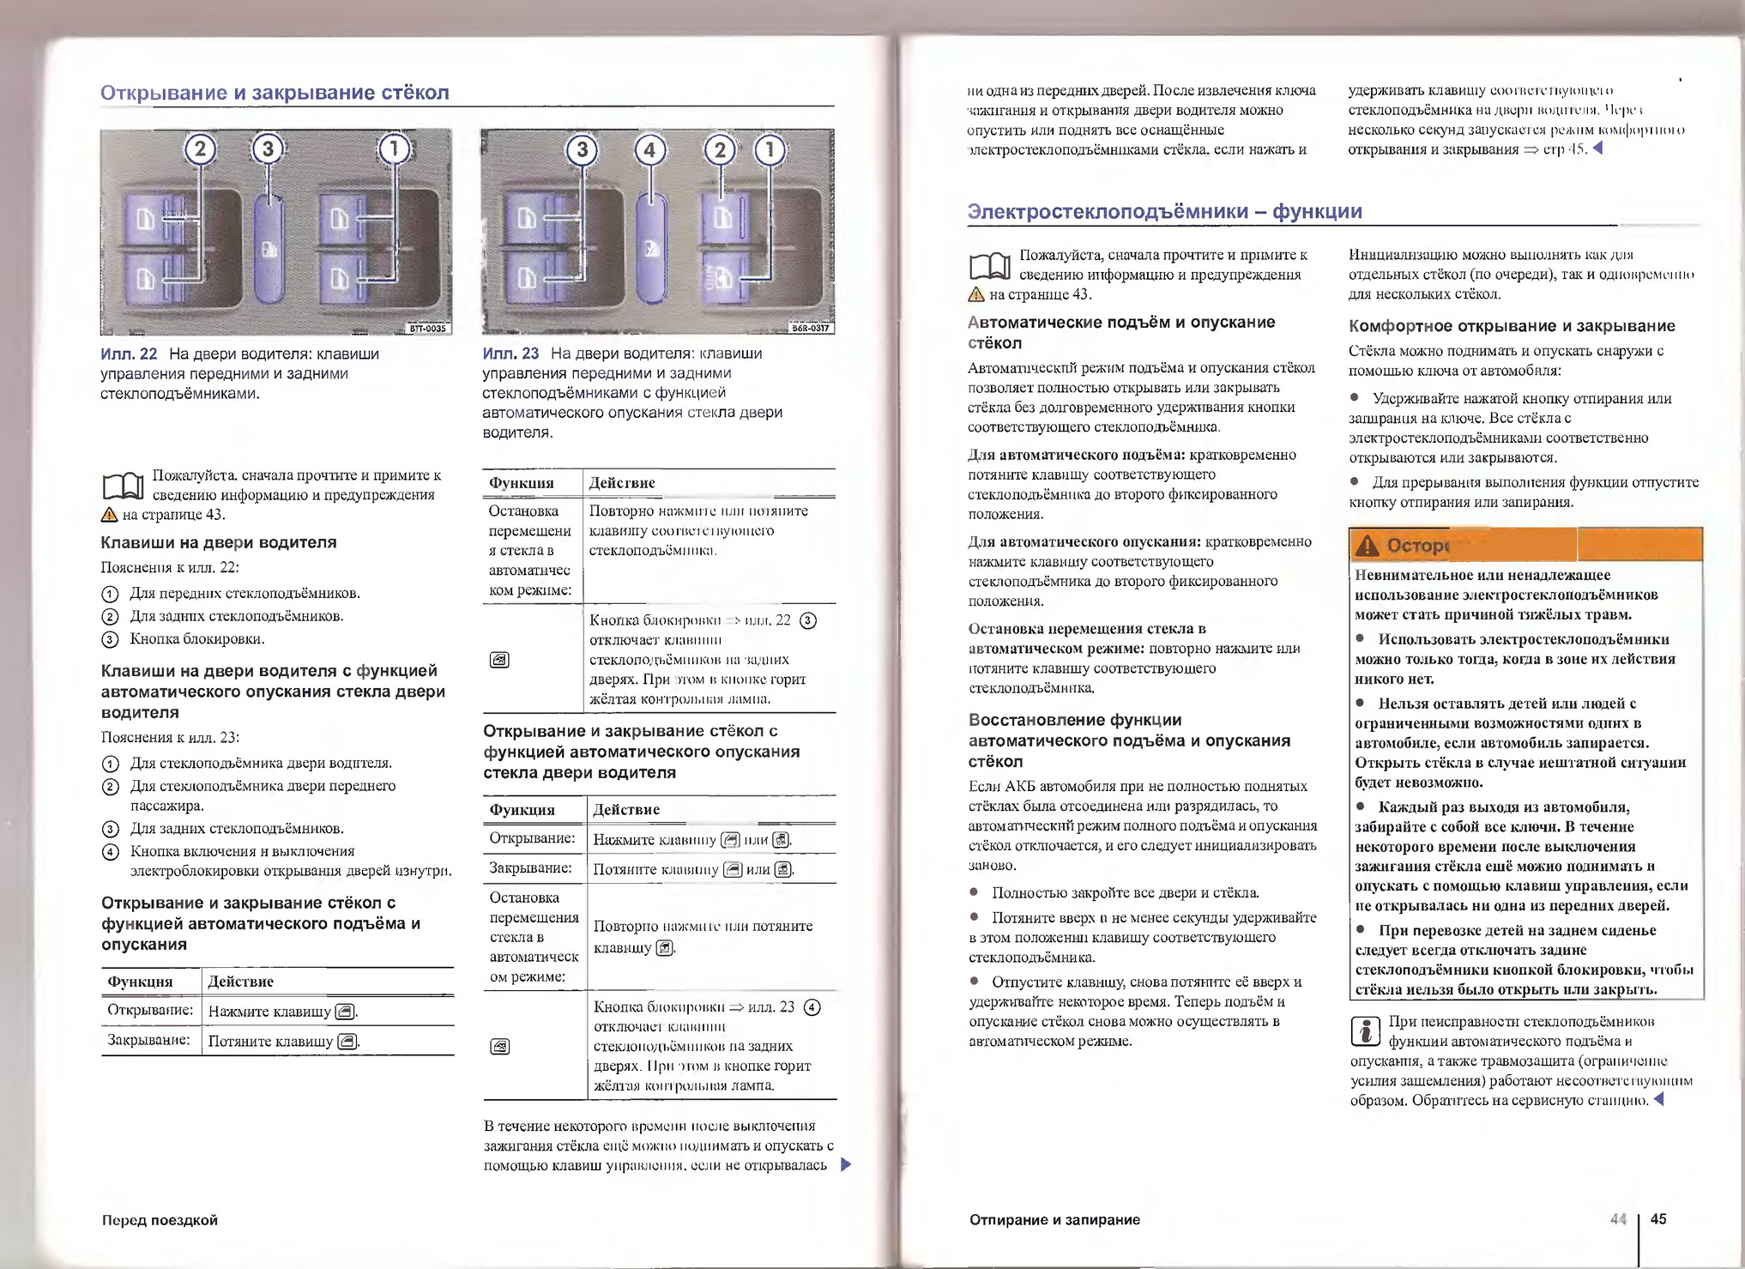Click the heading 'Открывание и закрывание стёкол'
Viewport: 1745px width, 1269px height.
click(x=275, y=93)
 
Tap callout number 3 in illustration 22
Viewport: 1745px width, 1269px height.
click(x=268, y=149)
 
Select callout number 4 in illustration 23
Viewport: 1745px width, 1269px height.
click(x=649, y=151)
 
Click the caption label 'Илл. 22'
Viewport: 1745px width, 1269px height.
click(x=129, y=354)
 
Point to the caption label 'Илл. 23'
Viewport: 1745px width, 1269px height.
click(x=510, y=353)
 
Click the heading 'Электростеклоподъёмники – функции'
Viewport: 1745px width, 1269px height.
click(x=1164, y=211)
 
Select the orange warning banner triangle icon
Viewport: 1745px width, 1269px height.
click(x=1368, y=545)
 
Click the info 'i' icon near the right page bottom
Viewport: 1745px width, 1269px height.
click(x=1364, y=1030)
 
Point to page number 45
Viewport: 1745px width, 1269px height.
click(x=1658, y=1218)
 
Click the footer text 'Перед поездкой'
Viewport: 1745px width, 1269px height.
click(x=160, y=1219)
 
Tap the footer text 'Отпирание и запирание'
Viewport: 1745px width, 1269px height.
click(x=1054, y=1219)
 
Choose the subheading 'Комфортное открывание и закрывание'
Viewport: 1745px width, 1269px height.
click(x=1512, y=326)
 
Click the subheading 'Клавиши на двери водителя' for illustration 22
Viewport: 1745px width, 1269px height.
click(x=219, y=542)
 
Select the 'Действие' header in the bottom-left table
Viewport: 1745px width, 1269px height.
click(x=241, y=981)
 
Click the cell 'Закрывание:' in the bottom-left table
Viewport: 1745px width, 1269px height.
click(x=148, y=1040)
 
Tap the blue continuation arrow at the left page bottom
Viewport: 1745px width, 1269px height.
click(x=846, y=1164)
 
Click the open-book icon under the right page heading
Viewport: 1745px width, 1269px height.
click(x=989, y=267)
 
